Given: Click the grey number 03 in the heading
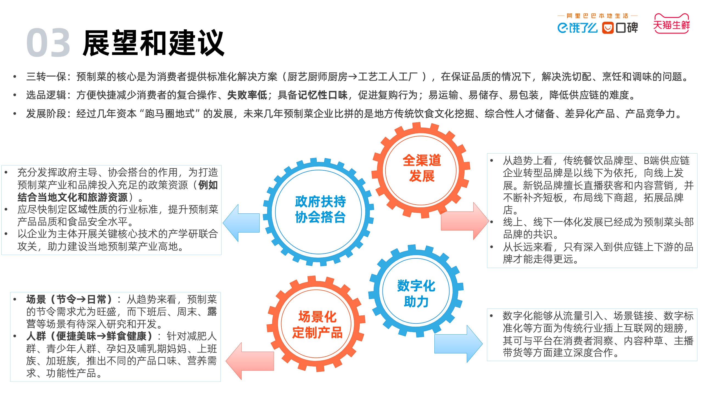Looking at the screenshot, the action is [x=48, y=43].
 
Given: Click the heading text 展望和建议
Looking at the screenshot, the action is [x=154, y=43].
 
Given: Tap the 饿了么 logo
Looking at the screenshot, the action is [x=577, y=28].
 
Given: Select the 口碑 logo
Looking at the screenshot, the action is [x=620, y=28].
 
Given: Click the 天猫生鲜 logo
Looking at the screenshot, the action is [x=672, y=24].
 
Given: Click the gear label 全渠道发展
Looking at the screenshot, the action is [x=422, y=168].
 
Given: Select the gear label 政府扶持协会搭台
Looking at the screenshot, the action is [x=320, y=209].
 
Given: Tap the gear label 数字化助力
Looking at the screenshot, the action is [x=416, y=294].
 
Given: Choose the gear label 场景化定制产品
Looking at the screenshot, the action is [x=317, y=325].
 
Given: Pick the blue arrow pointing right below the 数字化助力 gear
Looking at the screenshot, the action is [x=458, y=344].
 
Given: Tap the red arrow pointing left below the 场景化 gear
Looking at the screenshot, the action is [x=250, y=361].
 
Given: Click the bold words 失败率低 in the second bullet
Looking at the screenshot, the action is [x=247, y=95].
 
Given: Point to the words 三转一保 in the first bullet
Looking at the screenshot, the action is [x=46, y=77].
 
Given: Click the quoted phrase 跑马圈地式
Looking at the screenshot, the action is [x=170, y=114].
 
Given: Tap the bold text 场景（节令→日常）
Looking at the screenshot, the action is [x=69, y=299].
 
